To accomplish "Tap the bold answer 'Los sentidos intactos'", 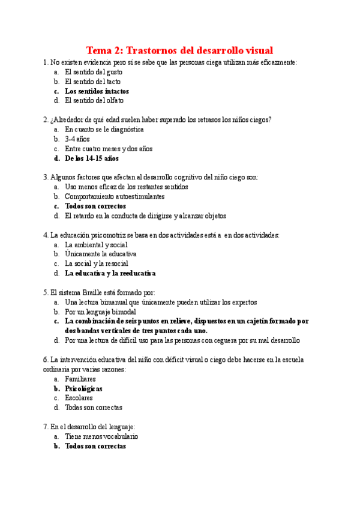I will tap(97, 91).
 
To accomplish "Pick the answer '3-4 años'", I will tap(77, 139).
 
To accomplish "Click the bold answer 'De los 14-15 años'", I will tap(92, 158).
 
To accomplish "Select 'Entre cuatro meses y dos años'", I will tap(109, 149).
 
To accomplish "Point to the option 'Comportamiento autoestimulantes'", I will tap(115, 196).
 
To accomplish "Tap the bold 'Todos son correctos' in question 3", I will tap(95, 206).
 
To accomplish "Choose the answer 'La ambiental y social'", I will tap(96, 244).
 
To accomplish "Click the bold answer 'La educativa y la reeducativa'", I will tap(110, 273).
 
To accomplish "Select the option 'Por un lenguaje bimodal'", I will tap(100, 312).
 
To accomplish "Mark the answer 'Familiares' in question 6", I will tap(80, 379).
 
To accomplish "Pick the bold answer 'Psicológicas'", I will tap(83, 388).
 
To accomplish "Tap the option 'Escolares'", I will tap(79, 398).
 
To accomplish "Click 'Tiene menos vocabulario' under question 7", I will tap(101, 436).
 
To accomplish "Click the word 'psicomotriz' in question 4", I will tap(106, 235).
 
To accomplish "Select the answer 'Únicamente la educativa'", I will tap(101, 254).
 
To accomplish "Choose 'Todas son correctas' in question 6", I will tap(94, 408).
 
